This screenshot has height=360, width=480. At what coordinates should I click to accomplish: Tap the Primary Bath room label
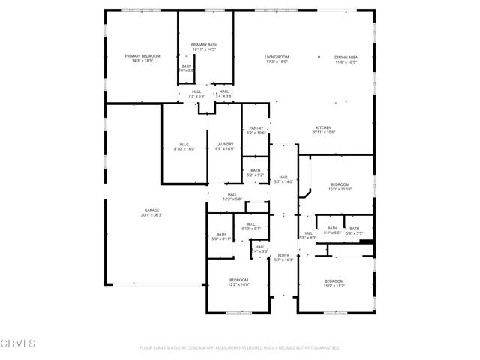[x=204, y=47]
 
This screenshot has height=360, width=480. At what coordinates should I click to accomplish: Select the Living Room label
[x=277, y=58]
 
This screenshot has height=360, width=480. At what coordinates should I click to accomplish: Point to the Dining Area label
[x=346, y=58]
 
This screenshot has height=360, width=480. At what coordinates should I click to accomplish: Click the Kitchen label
[x=323, y=130]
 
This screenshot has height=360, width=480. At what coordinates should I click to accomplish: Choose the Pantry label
[x=256, y=130]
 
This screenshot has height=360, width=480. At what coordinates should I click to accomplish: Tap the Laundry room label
[x=225, y=146]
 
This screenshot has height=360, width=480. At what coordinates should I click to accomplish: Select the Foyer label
[x=283, y=257]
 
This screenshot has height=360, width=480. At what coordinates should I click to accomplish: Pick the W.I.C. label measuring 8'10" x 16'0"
[x=184, y=146]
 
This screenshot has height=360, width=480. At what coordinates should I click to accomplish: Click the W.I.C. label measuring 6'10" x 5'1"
[x=250, y=226]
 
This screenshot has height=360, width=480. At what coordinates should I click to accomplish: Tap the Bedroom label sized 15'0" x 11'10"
[x=340, y=187]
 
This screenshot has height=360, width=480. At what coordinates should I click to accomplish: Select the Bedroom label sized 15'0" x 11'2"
[x=334, y=283]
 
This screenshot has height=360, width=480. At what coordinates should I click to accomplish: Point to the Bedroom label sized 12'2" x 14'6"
[x=238, y=283]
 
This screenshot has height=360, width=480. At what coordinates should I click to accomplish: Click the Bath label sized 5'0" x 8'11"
[x=221, y=236]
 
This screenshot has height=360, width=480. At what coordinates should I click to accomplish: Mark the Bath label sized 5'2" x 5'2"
[x=256, y=172]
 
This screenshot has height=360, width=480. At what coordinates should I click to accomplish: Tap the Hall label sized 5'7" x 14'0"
[x=283, y=179]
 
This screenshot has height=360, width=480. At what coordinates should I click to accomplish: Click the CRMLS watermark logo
[x=19, y=344]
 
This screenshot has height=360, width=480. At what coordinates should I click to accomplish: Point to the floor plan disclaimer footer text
[x=240, y=348]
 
